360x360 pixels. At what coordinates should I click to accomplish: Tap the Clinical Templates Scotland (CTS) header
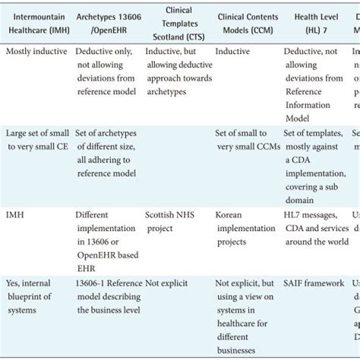tap(178, 22)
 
